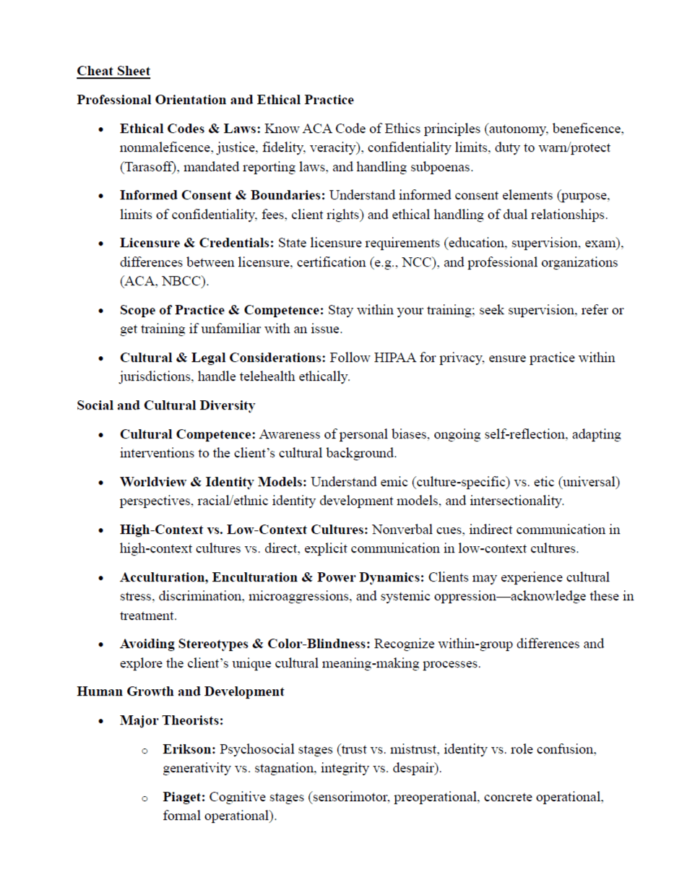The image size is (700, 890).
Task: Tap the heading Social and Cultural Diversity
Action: [x=165, y=406]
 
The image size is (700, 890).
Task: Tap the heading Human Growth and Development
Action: [x=181, y=691]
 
